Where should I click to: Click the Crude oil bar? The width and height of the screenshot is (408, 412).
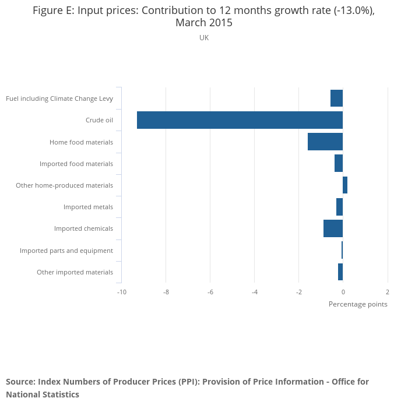pyautogui.click(x=240, y=120)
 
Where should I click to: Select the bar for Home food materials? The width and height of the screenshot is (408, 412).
pyautogui.click(x=325, y=142)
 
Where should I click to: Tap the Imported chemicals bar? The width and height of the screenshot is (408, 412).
pyautogui.click(x=333, y=228)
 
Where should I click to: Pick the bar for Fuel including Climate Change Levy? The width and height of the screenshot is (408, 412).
pyautogui.click(x=336, y=98)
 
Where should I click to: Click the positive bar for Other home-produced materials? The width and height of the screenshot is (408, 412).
pyautogui.click(x=345, y=185)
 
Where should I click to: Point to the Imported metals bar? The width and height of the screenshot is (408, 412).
pyautogui.click(x=339, y=207)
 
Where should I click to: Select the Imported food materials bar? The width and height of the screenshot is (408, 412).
pyautogui.click(x=339, y=163)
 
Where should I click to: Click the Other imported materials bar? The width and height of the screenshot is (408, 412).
pyautogui.click(x=340, y=272)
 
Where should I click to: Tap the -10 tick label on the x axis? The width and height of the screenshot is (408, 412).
pyautogui.click(x=121, y=291)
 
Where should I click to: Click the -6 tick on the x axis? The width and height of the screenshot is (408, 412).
pyautogui.click(x=210, y=291)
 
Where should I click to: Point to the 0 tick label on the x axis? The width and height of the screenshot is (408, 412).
pyautogui.click(x=343, y=291)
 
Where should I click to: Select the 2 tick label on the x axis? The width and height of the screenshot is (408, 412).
pyautogui.click(x=387, y=291)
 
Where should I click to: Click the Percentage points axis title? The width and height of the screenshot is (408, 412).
pyautogui.click(x=358, y=304)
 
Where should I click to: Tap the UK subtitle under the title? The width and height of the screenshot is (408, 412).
pyautogui.click(x=204, y=38)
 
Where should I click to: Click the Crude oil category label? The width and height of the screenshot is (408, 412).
pyautogui.click(x=99, y=120)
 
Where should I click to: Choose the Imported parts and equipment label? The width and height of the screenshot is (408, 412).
pyautogui.click(x=66, y=251)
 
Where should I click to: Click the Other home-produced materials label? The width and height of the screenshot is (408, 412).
pyautogui.click(x=64, y=185)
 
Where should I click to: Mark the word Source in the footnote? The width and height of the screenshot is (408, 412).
pyautogui.click(x=20, y=382)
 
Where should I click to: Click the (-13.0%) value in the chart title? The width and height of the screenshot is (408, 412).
pyautogui.click(x=349, y=10)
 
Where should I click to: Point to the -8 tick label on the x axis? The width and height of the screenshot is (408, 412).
pyautogui.click(x=166, y=291)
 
